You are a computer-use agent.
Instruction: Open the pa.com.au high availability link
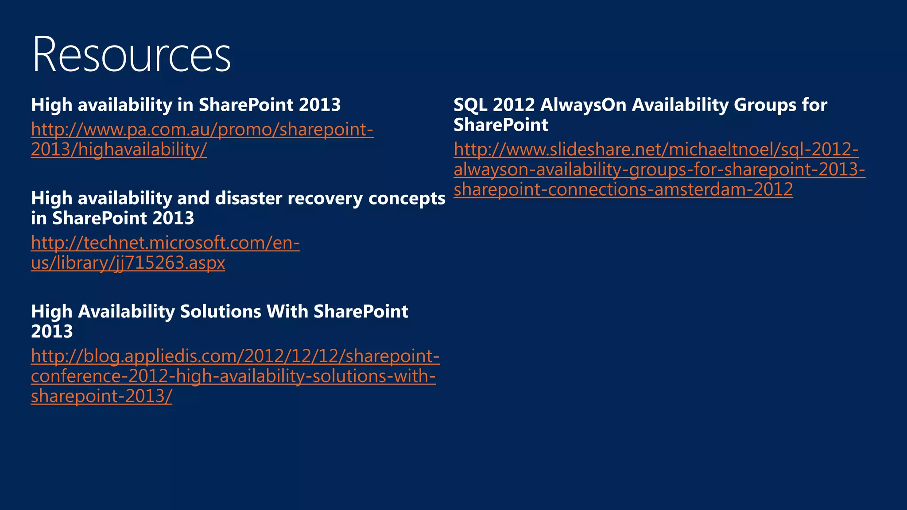click(202, 130)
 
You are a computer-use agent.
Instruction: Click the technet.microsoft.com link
click(165, 243)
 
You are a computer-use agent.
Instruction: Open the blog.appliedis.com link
click(235, 356)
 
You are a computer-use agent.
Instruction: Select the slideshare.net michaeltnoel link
click(655, 150)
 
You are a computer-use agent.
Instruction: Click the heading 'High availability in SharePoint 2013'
click(186, 105)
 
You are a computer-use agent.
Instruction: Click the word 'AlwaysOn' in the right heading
click(583, 105)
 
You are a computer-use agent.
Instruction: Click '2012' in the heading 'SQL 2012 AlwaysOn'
click(514, 105)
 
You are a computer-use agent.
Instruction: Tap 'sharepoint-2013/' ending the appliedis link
click(101, 396)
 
